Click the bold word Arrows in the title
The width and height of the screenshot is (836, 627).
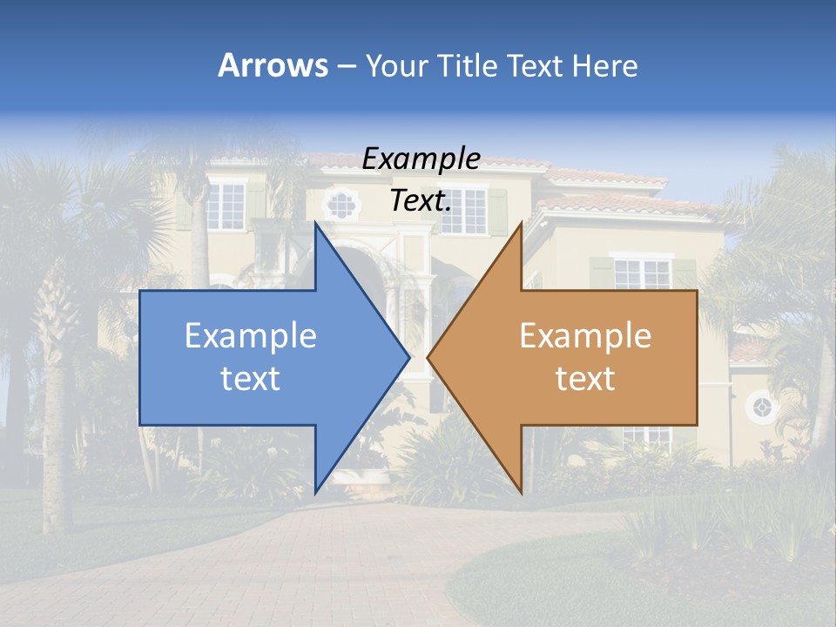(273, 65)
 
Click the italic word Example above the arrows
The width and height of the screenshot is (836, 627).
(421, 159)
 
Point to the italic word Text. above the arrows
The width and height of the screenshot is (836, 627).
(421, 201)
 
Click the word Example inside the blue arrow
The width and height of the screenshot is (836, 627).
(251, 336)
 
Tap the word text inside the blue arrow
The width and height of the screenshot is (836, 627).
(251, 378)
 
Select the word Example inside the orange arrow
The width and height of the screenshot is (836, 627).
(585, 336)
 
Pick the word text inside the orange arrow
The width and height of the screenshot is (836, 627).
(585, 378)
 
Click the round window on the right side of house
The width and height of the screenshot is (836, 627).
(762, 407)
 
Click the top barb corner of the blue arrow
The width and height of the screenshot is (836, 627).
(315, 223)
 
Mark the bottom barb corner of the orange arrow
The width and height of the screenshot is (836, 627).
(521, 492)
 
